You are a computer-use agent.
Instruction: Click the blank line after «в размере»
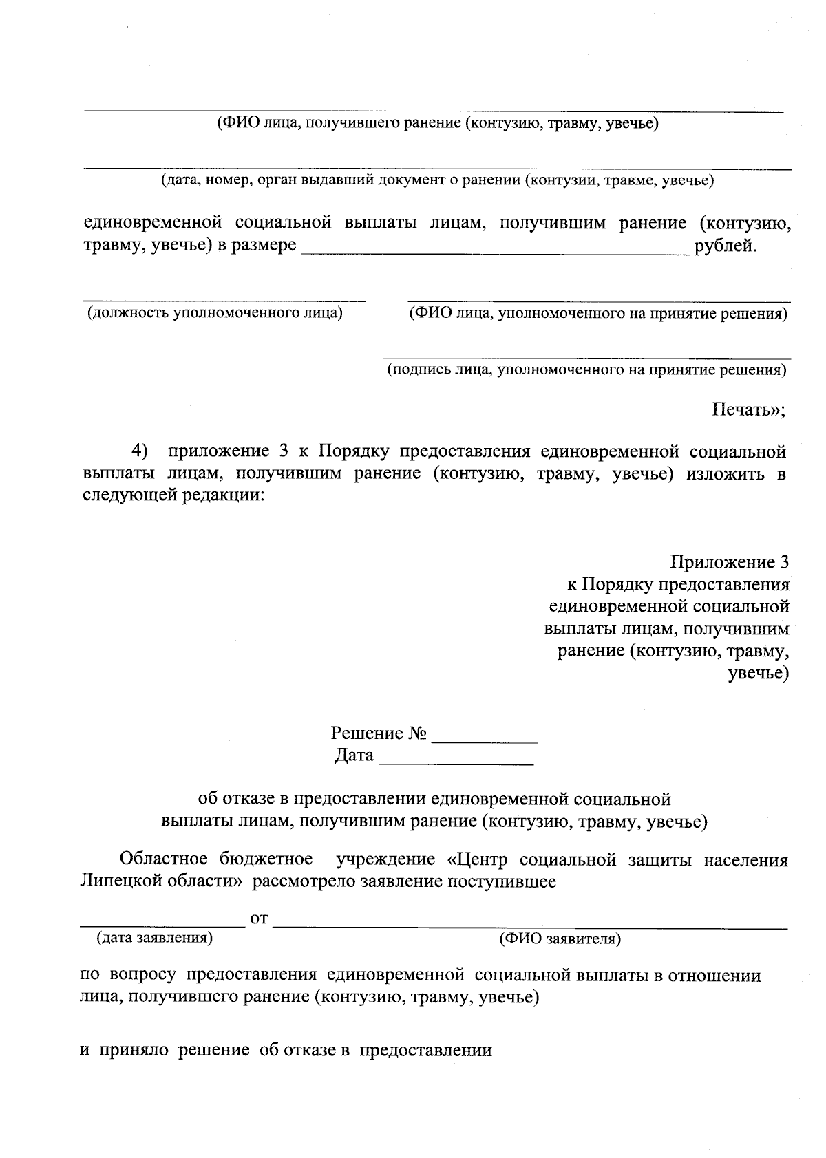point(495,252)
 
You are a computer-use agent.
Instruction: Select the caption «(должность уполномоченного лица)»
point(215,313)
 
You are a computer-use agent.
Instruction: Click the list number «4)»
point(140,451)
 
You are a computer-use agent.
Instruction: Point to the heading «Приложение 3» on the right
point(730,562)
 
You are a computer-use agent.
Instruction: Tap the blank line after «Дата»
point(456,762)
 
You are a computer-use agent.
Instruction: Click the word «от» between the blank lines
point(259,919)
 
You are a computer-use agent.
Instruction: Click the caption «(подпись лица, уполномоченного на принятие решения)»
point(586,370)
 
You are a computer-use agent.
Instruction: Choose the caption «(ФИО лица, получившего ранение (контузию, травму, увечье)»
point(438,124)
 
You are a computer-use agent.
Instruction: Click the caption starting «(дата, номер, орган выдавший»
point(437,181)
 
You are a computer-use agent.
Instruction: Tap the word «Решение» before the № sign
point(367,733)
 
